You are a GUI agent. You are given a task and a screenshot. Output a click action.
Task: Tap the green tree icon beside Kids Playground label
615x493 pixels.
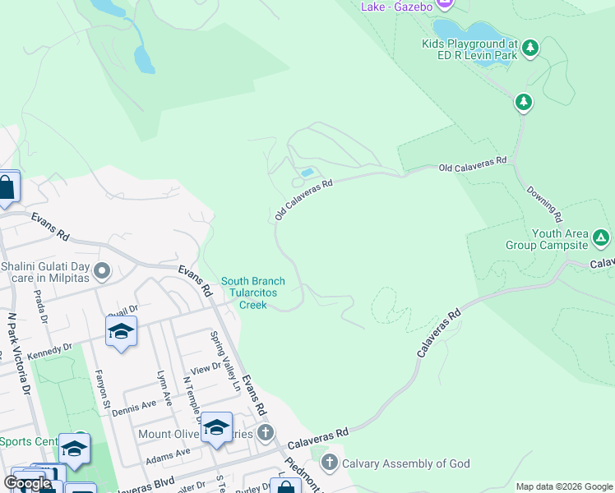coord(530,48)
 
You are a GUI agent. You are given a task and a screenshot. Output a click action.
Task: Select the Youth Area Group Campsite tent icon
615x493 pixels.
coord(601,238)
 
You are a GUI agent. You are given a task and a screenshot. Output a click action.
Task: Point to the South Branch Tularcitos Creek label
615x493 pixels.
coord(253,293)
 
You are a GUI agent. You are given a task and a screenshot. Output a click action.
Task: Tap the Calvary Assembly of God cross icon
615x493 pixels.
coord(330,463)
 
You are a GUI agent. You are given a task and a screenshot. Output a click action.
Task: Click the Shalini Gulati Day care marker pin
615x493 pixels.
coord(102,270)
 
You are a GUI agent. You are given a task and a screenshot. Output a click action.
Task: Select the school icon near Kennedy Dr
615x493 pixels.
coord(121,331)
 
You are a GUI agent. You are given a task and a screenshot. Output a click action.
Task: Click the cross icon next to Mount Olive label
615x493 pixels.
coord(265,433)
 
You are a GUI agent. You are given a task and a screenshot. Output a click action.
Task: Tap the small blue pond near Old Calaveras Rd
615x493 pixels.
coord(306,173)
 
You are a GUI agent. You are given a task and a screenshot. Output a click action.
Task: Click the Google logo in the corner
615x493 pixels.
coord(27,483)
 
